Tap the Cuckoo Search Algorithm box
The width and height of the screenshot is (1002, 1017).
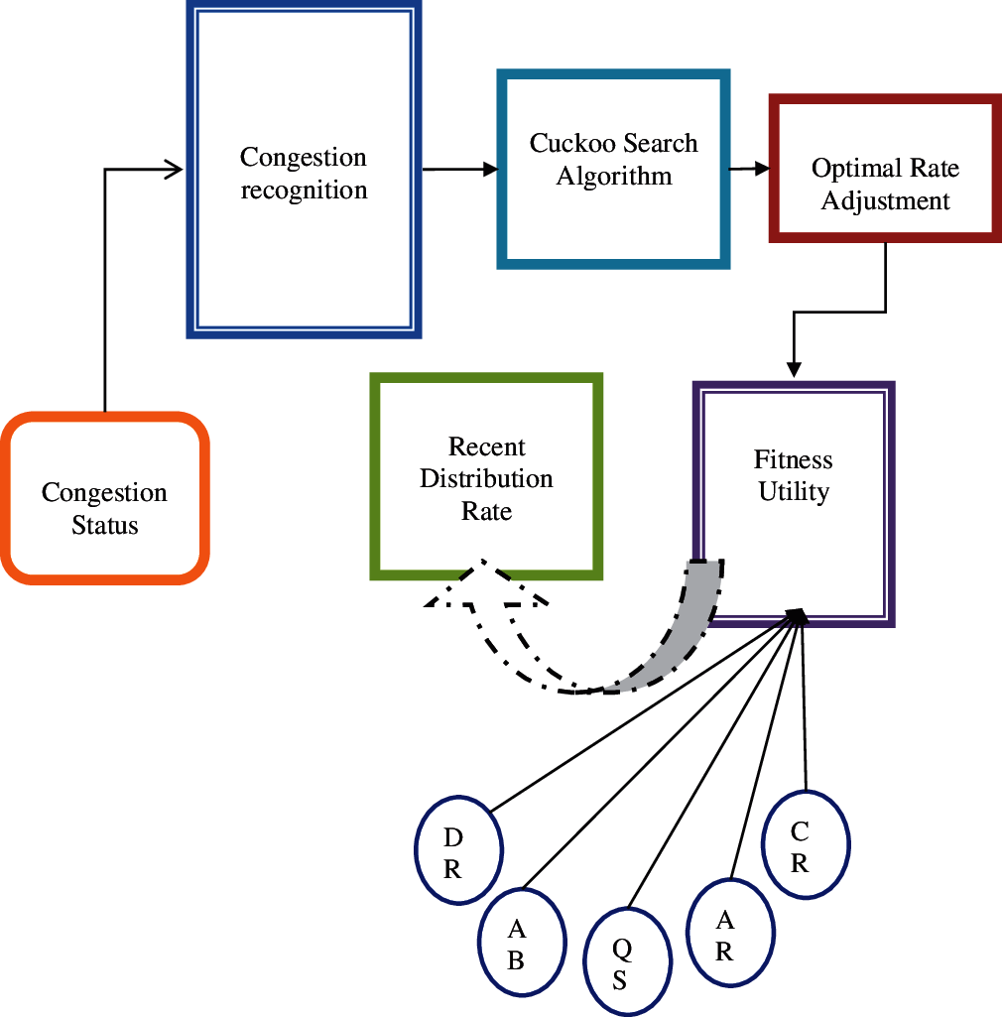tap(613, 168)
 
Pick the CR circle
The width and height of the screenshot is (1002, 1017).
tap(805, 846)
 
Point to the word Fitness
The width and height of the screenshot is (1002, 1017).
tap(793, 460)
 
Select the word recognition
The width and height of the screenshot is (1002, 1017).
tap(304, 190)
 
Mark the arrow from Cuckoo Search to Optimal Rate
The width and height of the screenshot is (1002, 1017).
tap(749, 169)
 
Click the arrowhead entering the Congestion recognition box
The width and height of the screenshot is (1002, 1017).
tap(176, 170)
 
